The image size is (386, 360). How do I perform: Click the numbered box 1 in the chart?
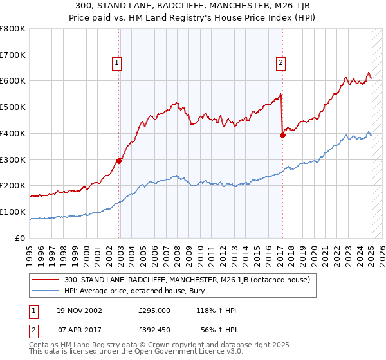116,62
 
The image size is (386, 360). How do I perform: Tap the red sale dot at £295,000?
119,161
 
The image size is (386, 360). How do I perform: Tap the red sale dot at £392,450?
282,135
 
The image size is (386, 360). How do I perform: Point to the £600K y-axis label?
12,81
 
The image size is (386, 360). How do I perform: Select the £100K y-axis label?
12,212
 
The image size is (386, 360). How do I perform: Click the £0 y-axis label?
21,238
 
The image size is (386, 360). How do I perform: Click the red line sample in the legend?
44,280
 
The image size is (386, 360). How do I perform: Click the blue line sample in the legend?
44,290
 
